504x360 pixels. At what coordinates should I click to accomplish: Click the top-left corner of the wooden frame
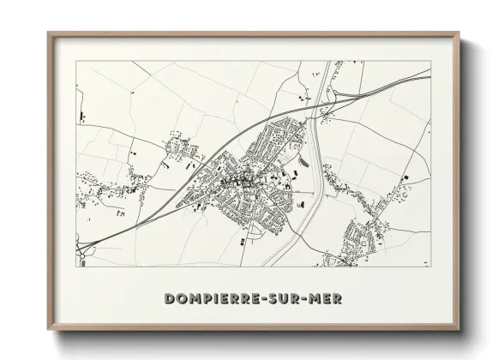(48, 33)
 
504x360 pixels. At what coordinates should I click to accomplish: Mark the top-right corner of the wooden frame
(459, 33)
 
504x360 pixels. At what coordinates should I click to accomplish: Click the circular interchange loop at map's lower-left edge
(82, 250)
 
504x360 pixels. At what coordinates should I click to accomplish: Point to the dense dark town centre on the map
(233, 182)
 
